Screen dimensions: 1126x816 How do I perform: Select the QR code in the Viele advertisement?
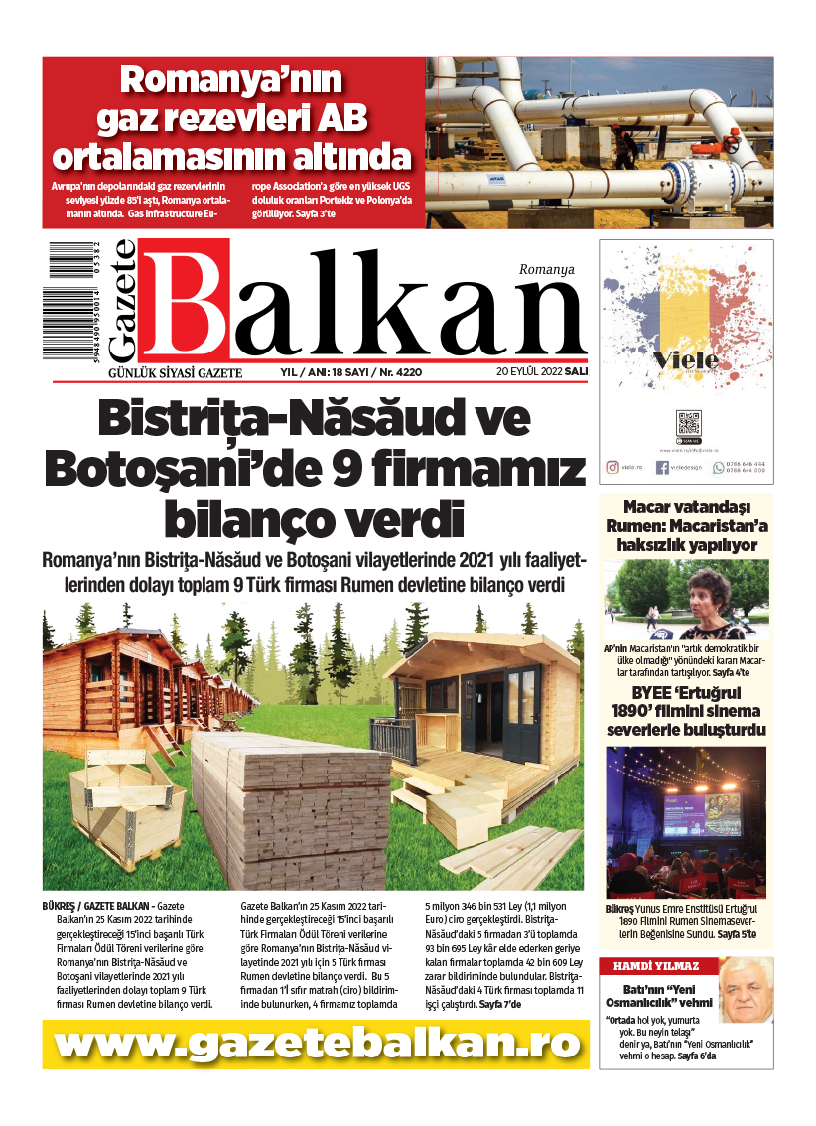(688, 423)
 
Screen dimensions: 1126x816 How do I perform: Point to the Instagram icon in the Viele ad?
(612, 466)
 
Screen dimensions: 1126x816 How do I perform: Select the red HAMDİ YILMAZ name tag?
(655, 966)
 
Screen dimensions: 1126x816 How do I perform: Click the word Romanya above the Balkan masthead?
(546, 269)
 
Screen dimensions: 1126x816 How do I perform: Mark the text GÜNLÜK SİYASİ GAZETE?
(175, 372)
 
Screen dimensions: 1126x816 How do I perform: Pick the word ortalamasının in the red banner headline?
(231, 156)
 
